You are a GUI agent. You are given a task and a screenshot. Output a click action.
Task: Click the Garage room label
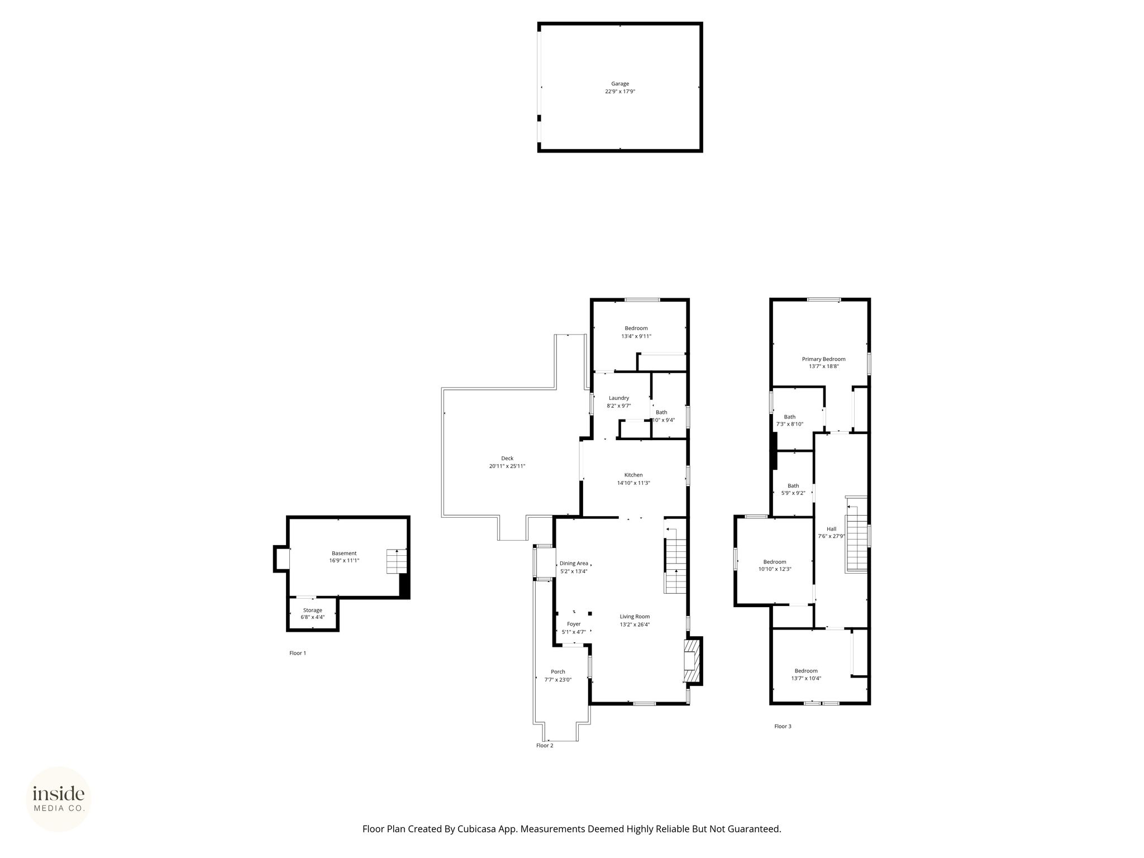[619, 84]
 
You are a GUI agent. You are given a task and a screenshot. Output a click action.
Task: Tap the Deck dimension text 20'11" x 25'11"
[507, 466]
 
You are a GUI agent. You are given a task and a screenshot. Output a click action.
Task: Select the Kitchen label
[633, 475]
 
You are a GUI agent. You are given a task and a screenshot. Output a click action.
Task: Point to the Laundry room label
[619, 398]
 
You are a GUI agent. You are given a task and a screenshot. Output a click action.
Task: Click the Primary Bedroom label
[823, 359]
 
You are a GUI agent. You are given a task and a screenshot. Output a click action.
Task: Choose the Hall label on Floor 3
[832, 529]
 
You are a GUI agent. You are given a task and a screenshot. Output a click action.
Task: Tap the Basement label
[344, 554]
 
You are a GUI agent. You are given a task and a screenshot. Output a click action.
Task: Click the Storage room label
[313, 611]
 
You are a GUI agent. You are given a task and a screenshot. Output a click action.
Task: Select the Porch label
[558, 672]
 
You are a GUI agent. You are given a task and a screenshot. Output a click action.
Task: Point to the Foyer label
[574, 624]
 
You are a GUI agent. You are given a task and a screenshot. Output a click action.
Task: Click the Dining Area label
[574, 563]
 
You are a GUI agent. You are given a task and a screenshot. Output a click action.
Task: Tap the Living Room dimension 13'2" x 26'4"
[635, 625]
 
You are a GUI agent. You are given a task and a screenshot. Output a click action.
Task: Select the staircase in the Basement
[397, 561]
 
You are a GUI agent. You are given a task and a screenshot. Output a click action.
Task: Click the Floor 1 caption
[298, 653]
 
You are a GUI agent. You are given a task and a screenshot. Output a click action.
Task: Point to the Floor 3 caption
[783, 726]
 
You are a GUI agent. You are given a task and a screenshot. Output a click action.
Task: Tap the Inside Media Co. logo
[59, 799]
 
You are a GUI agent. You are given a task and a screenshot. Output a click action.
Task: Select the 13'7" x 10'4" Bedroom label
[806, 675]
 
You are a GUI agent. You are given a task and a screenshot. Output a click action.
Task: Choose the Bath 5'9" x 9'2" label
[793, 489]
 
